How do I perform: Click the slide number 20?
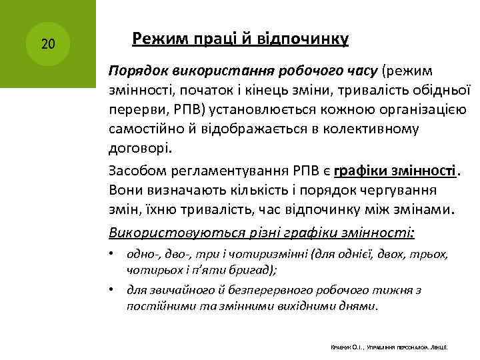pyautogui.click(x=48, y=45)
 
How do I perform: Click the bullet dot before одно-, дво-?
pyautogui.click(x=115, y=255)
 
